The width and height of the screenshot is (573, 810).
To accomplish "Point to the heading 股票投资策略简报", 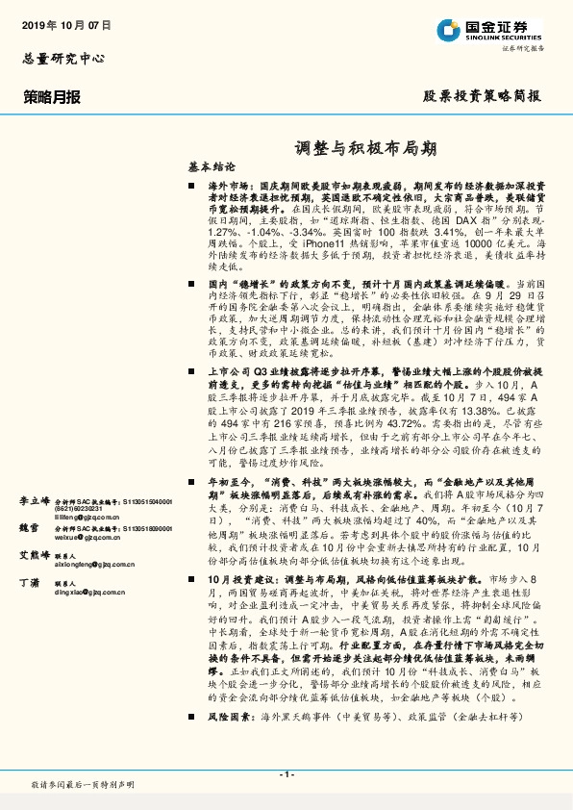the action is [x=482, y=96].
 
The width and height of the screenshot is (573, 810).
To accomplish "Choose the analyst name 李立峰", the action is [x=36, y=501].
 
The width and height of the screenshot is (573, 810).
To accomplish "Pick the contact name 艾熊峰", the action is [x=36, y=557].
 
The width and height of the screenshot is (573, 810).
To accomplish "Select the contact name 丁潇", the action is [x=30, y=584].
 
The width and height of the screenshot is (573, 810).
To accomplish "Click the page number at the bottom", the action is [x=286, y=773].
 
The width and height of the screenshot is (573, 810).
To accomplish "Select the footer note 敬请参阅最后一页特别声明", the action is [x=83, y=786].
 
